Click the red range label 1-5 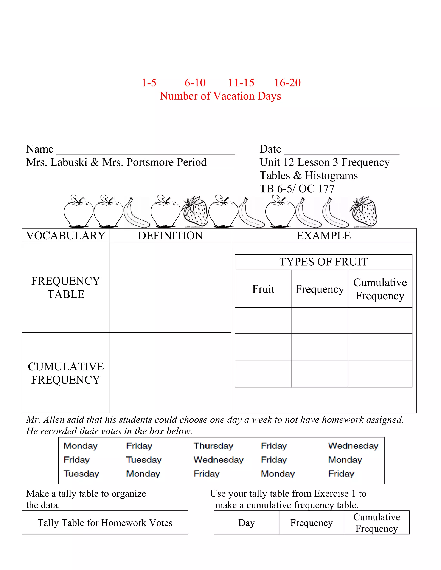tap(149, 83)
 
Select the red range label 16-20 tap(287, 83)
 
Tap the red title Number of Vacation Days tap(220, 96)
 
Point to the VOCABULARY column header tap(66, 236)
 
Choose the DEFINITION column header tap(170, 236)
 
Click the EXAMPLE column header tap(323, 236)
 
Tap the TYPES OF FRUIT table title tap(323, 262)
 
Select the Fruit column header tap(263, 289)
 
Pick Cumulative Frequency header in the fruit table tap(380, 289)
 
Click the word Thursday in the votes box tap(213, 446)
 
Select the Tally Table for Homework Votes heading tap(105, 523)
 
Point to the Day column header tap(246, 523)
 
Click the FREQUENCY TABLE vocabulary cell tap(66, 288)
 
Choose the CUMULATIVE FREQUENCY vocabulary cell tap(66, 373)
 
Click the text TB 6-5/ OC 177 tap(297, 189)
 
